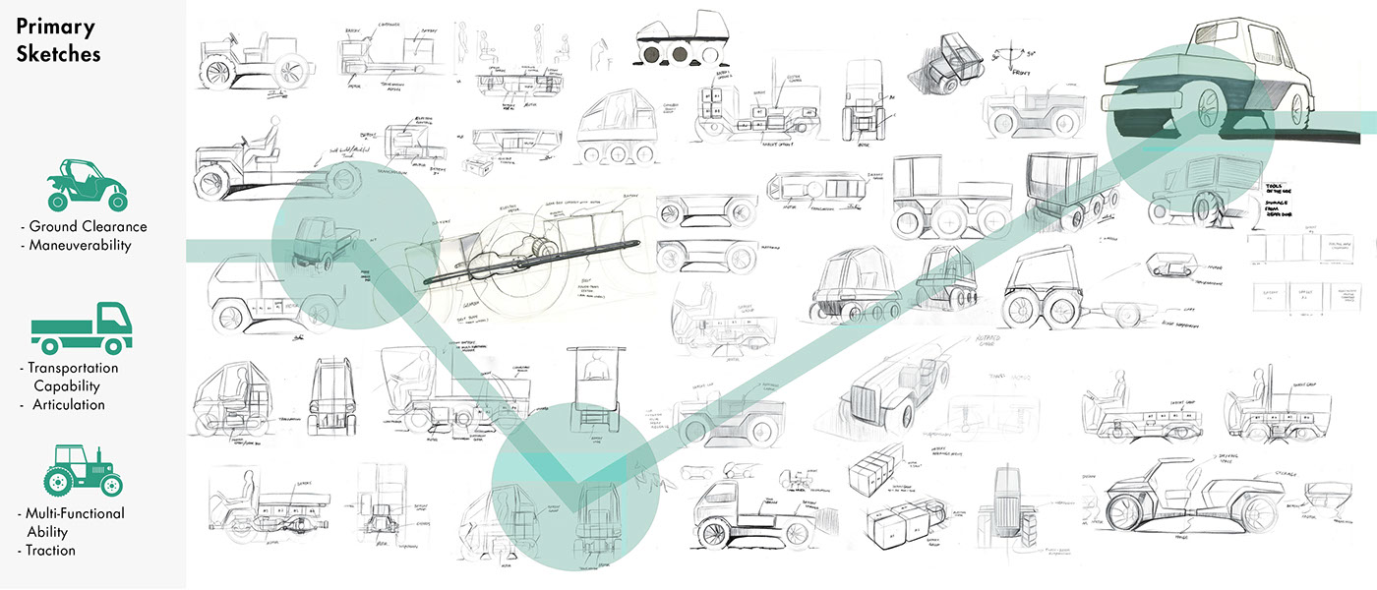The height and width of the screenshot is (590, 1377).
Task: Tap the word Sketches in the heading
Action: [58, 53]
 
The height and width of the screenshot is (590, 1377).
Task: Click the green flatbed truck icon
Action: [81, 328]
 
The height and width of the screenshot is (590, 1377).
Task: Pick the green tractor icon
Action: [84, 470]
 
